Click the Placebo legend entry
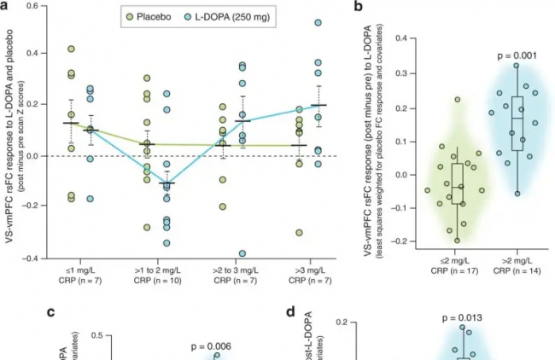pyautogui.click(x=146, y=16)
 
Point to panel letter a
pyautogui.click(x=5, y=6)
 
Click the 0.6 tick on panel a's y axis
pyautogui.click(x=32, y=6)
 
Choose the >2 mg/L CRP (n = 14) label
pyautogui.click(x=516, y=264)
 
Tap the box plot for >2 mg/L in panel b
pyautogui.click(x=516, y=124)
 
